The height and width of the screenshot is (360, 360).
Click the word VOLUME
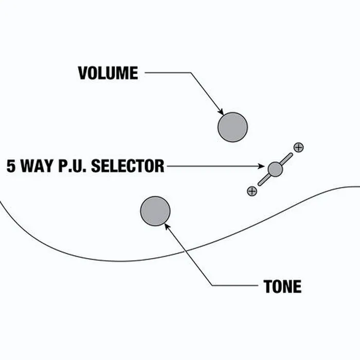point(108,73)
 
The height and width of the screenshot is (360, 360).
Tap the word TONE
point(282,286)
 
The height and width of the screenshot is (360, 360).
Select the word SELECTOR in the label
point(128,166)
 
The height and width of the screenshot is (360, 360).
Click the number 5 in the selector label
point(11,166)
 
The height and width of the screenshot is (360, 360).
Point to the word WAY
point(37,166)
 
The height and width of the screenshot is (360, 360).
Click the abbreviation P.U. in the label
point(73,166)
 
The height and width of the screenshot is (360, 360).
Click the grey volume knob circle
point(232,127)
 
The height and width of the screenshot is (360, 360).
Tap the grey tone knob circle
point(155,211)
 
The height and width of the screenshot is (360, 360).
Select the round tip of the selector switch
point(275,169)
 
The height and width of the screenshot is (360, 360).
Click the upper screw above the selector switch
point(298,148)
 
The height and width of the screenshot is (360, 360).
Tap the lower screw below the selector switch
point(252,191)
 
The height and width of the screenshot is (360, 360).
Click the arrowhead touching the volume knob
point(221,112)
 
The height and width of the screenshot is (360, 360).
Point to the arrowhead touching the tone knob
point(167,226)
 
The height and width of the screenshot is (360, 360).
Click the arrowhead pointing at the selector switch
point(261,166)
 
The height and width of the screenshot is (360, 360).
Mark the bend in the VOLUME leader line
point(191,73)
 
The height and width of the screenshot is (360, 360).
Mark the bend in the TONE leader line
point(212,285)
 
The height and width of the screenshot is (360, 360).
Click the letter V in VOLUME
point(83,73)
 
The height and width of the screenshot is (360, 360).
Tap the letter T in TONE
point(268,286)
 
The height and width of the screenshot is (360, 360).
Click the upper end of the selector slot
point(291,154)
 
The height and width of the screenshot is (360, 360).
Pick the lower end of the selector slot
point(259,184)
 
